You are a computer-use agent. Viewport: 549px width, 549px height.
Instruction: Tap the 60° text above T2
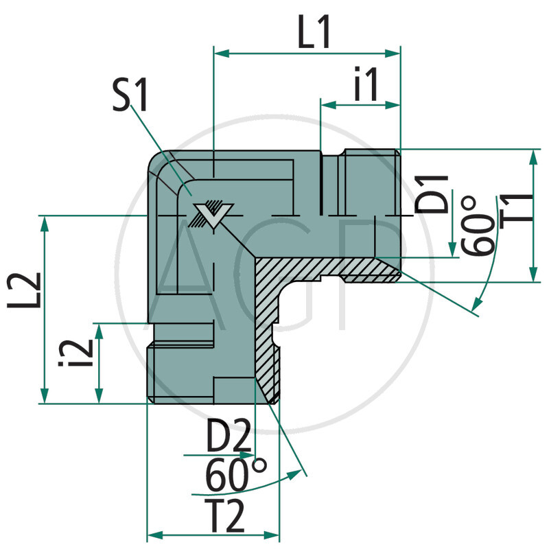[235, 476]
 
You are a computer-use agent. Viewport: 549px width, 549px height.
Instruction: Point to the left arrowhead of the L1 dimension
[221, 53]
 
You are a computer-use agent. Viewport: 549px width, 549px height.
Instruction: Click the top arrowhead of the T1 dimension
[533, 155]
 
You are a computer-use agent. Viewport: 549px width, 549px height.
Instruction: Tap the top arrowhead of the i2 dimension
[100, 329]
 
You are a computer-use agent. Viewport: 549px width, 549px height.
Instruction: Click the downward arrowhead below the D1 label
[452, 251]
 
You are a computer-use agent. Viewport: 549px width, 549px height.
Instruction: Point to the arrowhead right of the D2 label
[248, 454]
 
